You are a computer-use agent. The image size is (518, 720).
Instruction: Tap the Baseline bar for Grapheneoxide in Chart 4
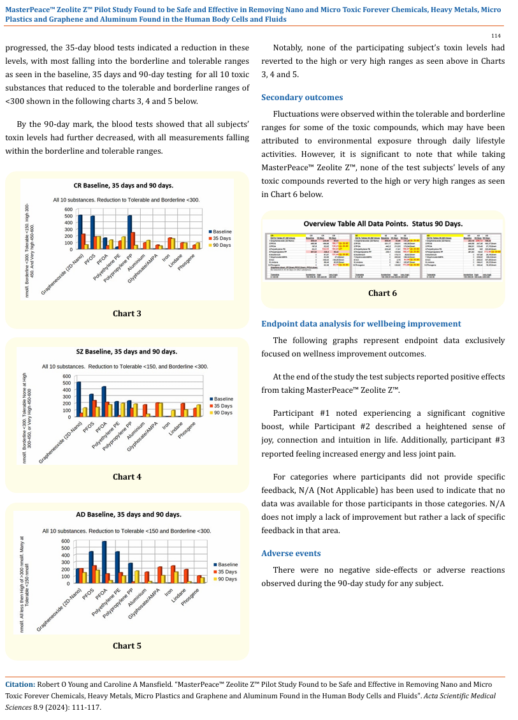pos(79,399)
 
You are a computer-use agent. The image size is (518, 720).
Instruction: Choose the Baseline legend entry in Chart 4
pos(222,399)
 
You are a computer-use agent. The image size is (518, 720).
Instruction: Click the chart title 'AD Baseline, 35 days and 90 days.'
pos(129,515)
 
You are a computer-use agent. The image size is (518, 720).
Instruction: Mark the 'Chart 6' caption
pos(382,293)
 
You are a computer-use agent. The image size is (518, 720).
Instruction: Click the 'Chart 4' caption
pos(127,476)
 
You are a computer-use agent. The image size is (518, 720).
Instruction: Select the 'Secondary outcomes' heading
pos(302,98)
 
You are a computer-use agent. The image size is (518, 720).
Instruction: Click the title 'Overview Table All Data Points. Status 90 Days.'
pos(383,223)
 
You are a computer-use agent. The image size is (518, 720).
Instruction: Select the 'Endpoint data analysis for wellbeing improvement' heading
pos(361,324)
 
